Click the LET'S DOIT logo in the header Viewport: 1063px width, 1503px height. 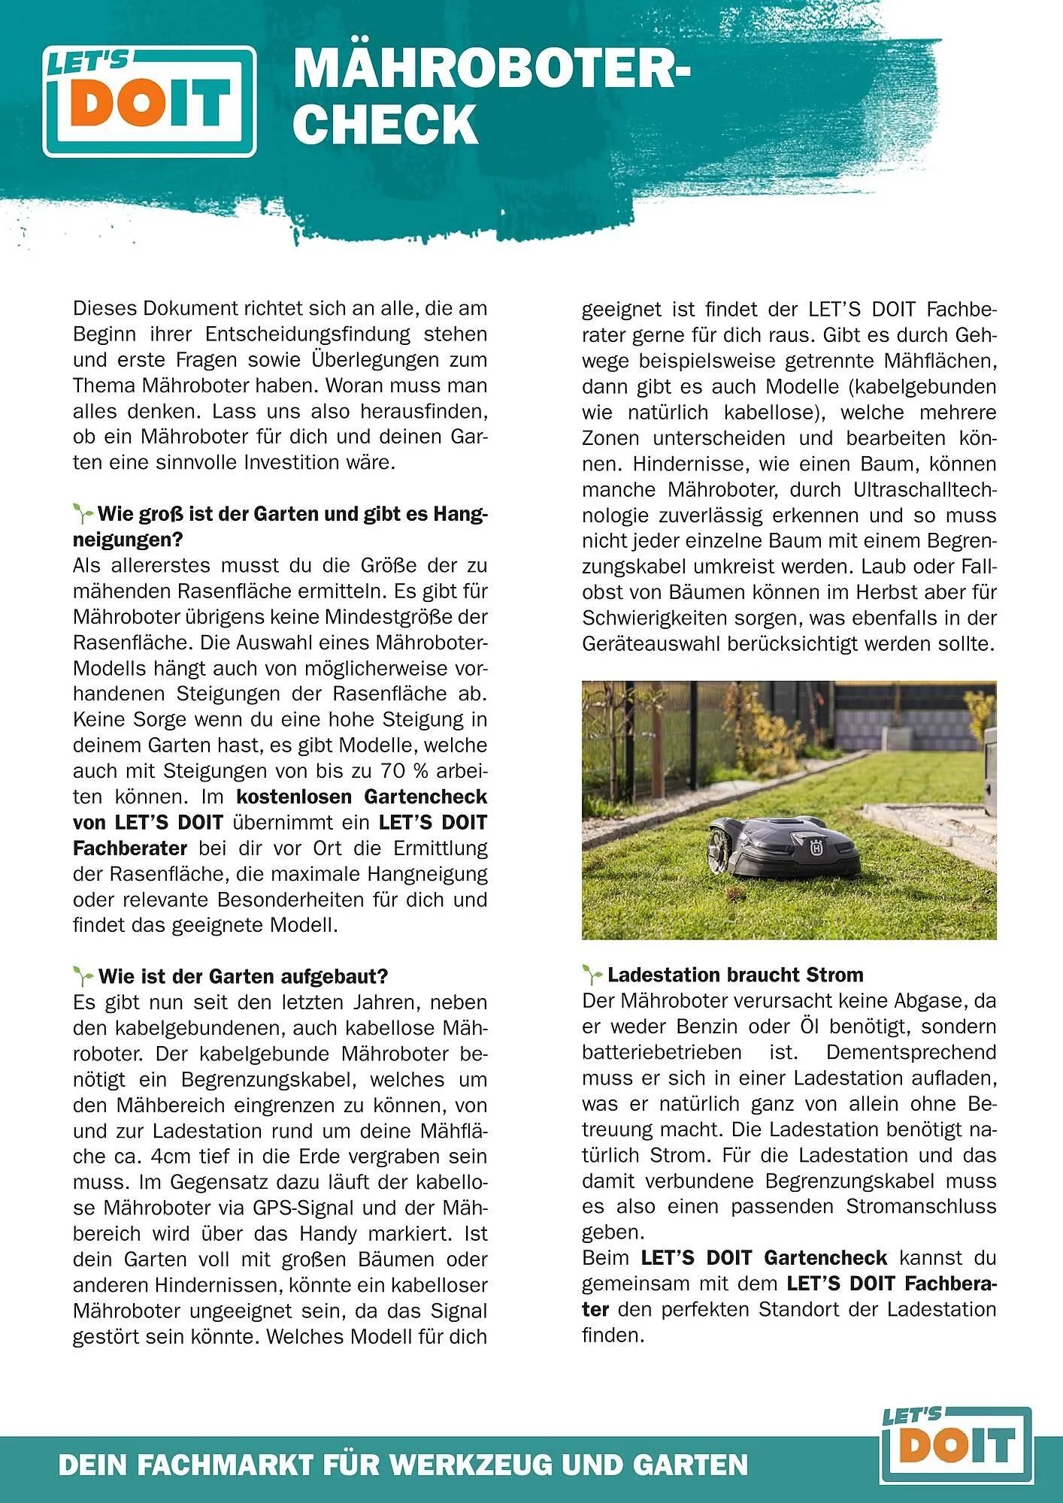150,101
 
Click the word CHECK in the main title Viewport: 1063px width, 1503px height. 385,125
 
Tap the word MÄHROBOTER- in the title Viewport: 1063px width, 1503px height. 491,69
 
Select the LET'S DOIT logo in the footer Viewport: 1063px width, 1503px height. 955,1447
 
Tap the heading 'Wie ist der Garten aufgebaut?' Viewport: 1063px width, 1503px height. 243,976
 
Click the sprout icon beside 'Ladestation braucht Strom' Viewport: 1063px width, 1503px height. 592,975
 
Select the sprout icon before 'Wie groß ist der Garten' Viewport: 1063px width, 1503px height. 83,515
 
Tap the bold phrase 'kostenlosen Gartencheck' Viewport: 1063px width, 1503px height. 362,797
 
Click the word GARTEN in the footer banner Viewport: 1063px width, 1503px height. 691,1465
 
